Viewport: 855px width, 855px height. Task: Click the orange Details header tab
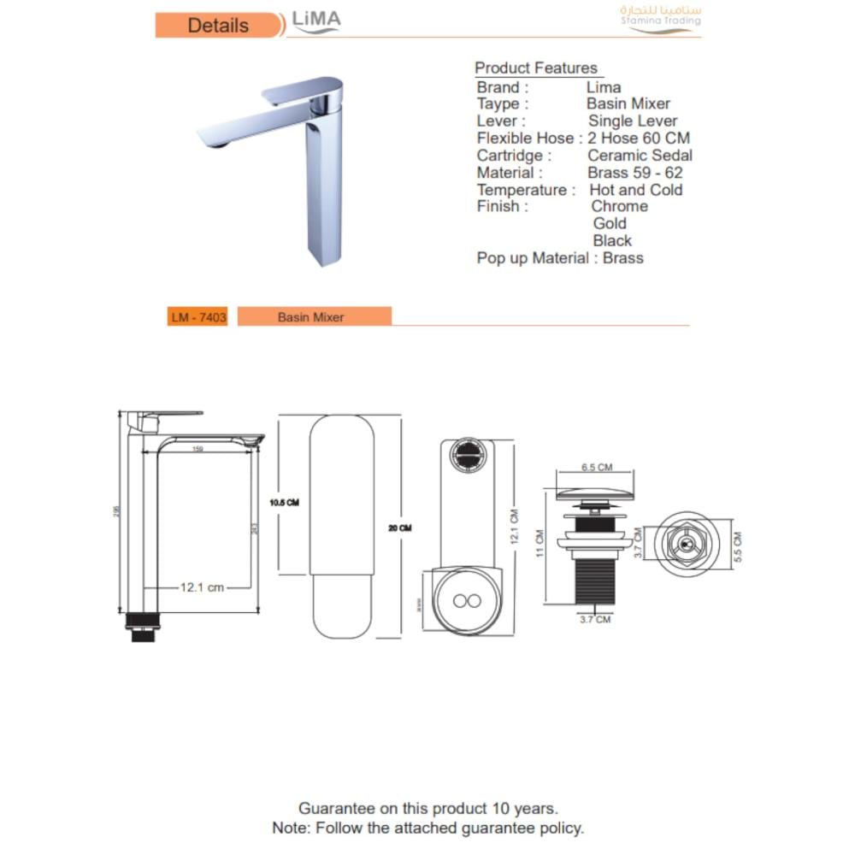[219, 26]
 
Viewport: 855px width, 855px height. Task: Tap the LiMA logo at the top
[316, 21]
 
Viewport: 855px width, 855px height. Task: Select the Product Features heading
[536, 68]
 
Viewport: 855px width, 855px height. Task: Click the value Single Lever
[633, 121]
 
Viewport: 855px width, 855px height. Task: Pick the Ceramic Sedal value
[640, 156]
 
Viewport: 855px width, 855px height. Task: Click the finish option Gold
[610, 224]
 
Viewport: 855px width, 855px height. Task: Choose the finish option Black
[612, 241]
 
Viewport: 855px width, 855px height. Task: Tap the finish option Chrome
[619, 207]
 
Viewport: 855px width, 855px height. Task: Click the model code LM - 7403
[198, 317]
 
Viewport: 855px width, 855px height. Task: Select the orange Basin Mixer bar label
[310, 317]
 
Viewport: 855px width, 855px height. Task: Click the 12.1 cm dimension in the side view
[202, 587]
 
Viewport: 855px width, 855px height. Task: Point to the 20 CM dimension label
[399, 528]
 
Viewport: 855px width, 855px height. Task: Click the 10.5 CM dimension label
[284, 502]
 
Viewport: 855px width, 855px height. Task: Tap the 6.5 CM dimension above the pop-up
[597, 468]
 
